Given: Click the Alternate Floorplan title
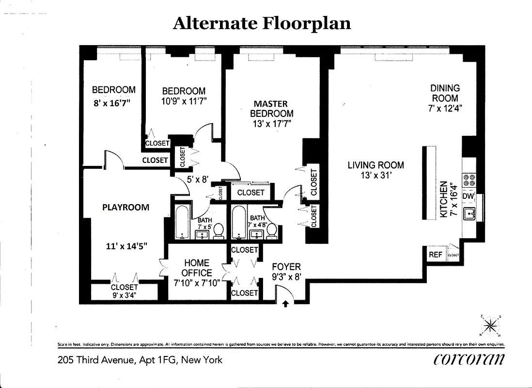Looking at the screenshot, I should [x=262, y=23].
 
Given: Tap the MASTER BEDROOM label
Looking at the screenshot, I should [x=271, y=109].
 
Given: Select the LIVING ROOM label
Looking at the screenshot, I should [x=376, y=165].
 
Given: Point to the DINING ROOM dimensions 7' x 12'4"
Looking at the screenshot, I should [x=445, y=108].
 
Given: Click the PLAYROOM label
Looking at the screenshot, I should [x=125, y=207].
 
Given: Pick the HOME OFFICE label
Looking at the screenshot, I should [x=197, y=268].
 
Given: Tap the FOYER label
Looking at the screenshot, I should [x=286, y=267].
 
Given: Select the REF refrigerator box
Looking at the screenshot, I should [x=435, y=255].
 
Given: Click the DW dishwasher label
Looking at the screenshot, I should [x=468, y=196].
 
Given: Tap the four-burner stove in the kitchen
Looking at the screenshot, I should [x=469, y=180].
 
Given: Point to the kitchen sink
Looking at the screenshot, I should [x=470, y=212].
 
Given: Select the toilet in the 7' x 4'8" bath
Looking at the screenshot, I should [x=272, y=231].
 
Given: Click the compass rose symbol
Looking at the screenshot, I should [x=490, y=325].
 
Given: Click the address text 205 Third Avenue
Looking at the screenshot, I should [x=140, y=360].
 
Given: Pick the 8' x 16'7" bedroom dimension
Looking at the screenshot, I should [x=112, y=102].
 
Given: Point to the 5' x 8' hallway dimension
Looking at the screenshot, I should [x=197, y=179].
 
